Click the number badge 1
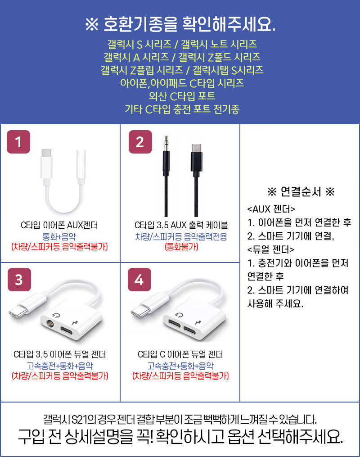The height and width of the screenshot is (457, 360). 18,142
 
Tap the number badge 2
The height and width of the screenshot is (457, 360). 140,142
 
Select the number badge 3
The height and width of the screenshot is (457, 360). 19,280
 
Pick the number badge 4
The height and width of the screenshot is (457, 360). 139,280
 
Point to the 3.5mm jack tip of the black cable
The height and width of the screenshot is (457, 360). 166,138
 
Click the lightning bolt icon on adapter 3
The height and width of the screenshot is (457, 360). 74,322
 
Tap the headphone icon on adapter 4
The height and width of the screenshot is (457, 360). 178,315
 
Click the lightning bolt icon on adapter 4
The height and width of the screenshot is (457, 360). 198,322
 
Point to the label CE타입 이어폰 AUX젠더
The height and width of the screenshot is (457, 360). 59,225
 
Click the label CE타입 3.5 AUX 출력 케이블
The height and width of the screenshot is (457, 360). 181,225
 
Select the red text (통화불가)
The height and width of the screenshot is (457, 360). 181,247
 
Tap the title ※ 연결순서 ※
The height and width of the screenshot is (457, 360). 301,191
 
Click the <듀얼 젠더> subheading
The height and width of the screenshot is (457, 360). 270,249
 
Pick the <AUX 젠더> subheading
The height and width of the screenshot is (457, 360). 271,209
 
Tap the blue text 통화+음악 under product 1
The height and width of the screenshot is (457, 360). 59,236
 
